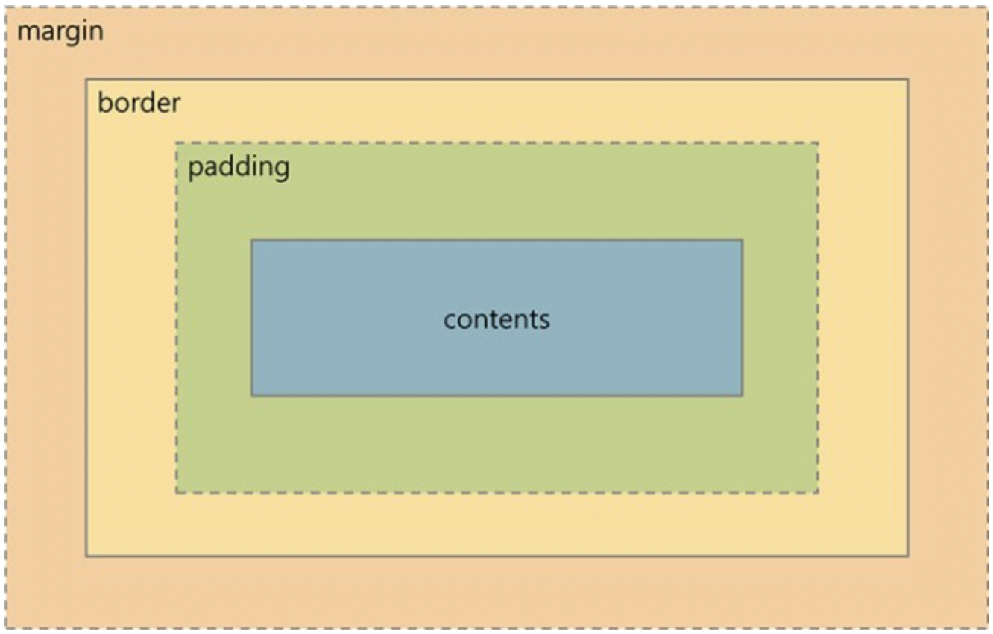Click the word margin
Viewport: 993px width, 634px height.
[60, 32]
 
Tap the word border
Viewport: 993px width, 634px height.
[139, 103]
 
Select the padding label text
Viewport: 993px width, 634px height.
[238, 167]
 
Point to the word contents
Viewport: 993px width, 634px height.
[497, 319]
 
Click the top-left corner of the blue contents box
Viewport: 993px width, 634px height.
[252, 240]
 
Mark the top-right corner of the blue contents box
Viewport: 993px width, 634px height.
[743, 240]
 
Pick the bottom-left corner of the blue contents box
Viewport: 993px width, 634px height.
[252, 395]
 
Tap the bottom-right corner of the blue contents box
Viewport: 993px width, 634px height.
[743, 395]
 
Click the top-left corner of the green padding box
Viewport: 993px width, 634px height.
[177, 143]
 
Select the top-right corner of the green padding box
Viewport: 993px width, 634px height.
[818, 143]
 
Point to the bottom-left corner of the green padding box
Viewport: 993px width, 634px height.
[177, 492]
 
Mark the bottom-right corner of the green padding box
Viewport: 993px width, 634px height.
[818, 492]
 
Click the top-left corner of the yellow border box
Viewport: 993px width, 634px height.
[86, 79]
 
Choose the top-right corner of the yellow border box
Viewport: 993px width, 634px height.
[908, 79]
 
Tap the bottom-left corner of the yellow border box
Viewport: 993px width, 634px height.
[86, 556]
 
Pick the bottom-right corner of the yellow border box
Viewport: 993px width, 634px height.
[908, 556]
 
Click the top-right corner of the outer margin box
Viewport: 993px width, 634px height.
[987, 8]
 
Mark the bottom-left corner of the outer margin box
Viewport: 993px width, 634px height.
[7, 628]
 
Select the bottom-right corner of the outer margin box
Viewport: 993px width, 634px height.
[987, 628]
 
